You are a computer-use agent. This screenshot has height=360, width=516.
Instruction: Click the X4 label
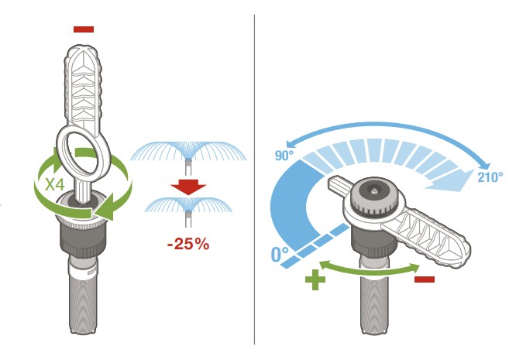(x=55, y=184)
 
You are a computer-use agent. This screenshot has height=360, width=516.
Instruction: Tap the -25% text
(x=188, y=245)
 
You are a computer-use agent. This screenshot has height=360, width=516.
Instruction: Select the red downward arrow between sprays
(x=188, y=187)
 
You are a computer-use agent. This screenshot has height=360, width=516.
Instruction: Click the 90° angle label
(x=284, y=156)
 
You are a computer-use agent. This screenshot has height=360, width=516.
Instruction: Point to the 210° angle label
(x=490, y=177)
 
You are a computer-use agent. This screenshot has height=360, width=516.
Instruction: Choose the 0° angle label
(x=280, y=255)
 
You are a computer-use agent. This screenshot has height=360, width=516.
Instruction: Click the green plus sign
(x=315, y=279)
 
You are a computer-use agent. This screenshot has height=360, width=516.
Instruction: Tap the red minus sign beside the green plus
(x=425, y=279)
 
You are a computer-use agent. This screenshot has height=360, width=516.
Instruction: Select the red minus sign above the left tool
(x=84, y=29)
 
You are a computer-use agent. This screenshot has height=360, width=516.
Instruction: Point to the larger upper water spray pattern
(x=188, y=151)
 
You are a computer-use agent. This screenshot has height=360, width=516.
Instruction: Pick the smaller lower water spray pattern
(x=188, y=204)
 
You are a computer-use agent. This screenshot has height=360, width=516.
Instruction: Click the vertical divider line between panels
(x=254, y=180)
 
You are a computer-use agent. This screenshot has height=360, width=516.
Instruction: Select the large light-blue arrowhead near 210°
(x=451, y=181)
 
